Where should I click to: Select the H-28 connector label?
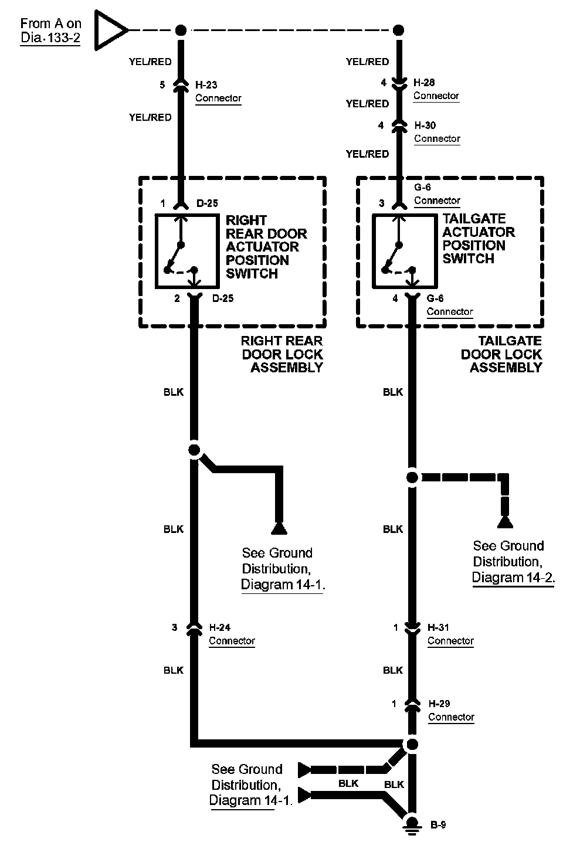click(424, 83)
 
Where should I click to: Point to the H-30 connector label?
click(425, 125)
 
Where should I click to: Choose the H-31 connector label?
click(439, 627)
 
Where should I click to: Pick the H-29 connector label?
click(439, 704)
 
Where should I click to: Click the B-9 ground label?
click(438, 825)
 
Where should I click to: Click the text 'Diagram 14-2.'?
click(513, 578)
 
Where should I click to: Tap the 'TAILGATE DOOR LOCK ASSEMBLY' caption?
click(502, 354)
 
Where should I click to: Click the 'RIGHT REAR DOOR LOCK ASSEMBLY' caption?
click(282, 354)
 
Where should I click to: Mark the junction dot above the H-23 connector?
click(181, 30)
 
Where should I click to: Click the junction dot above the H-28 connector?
click(399, 30)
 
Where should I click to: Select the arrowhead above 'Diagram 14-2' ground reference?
click(504, 522)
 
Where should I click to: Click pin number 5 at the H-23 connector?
click(162, 85)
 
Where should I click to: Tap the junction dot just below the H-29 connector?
click(412, 745)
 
